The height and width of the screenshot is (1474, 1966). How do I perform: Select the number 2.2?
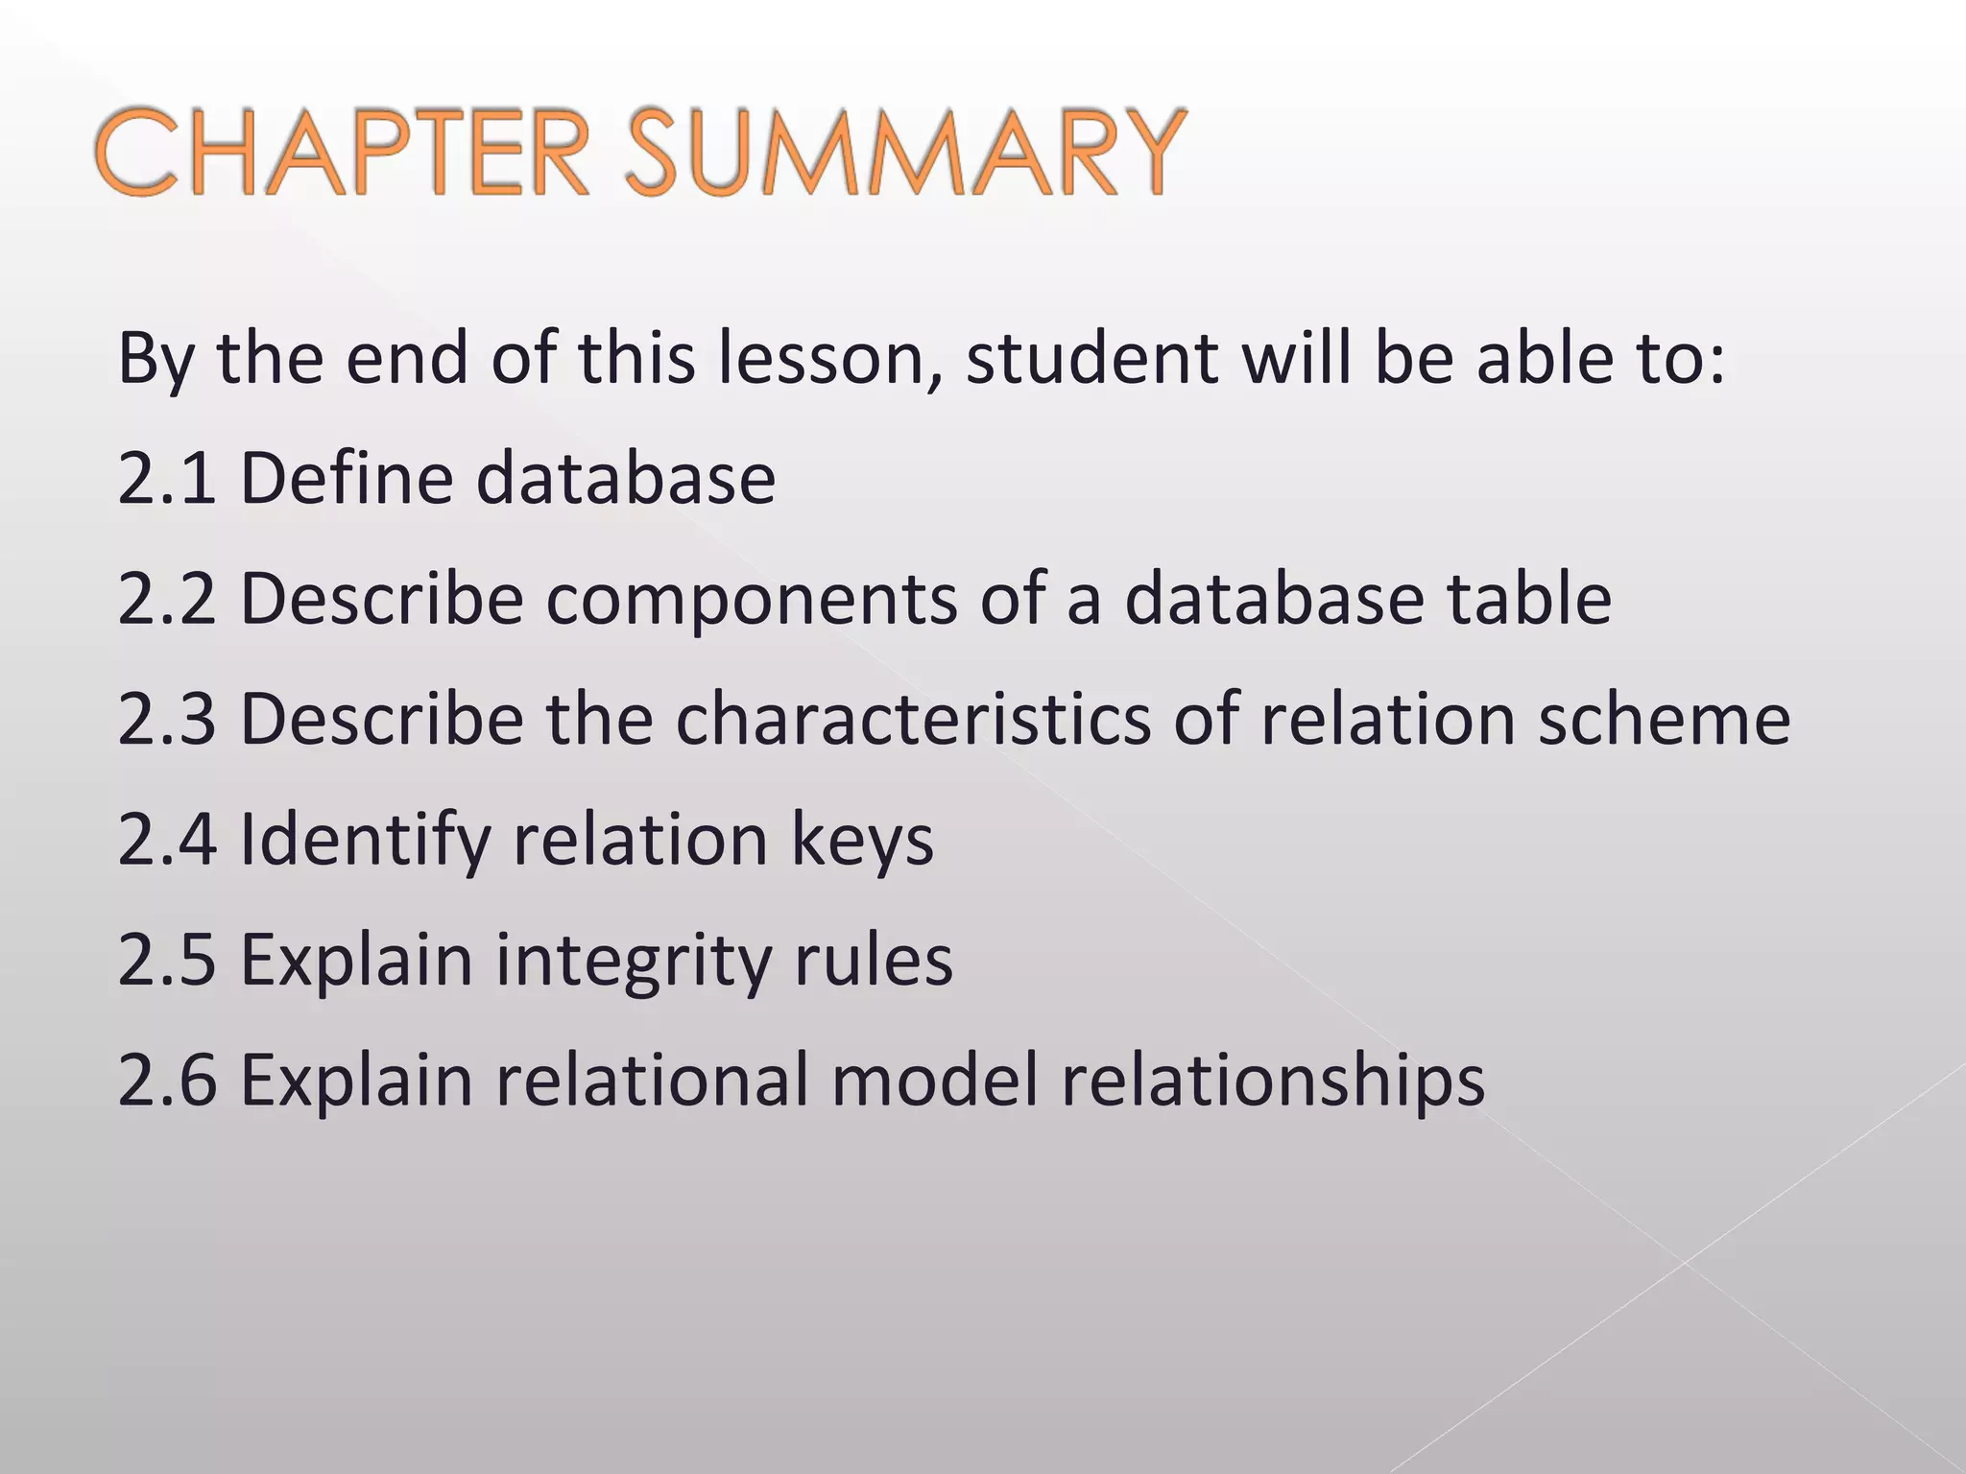click(167, 599)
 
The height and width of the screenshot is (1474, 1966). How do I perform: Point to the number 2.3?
click(167, 719)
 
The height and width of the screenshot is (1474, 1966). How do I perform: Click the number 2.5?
click(167, 960)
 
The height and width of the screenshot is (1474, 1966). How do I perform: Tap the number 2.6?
click(167, 1081)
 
